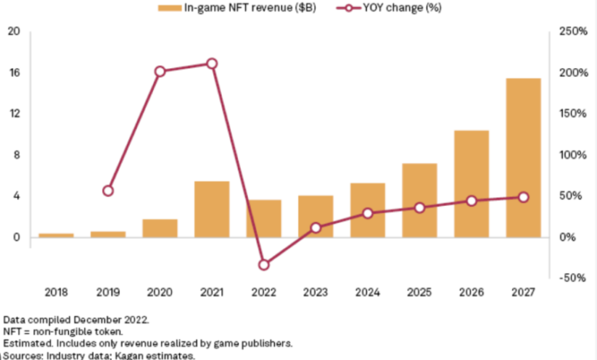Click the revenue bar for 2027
click(x=524, y=157)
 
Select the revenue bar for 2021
click(x=212, y=208)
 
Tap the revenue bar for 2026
click(x=471, y=184)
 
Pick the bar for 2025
click(x=419, y=200)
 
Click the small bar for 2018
click(x=56, y=234)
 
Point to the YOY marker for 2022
click(x=264, y=264)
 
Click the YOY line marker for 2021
click(x=212, y=64)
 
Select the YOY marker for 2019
click(x=108, y=191)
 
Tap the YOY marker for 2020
click(x=160, y=71)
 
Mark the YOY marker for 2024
click(x=367, y=213)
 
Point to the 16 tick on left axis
click(x=15, y=73)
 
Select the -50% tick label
click(x=571, y=278)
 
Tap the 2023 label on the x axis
click(x=315, y=292)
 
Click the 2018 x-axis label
click(x=56, y=292)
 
